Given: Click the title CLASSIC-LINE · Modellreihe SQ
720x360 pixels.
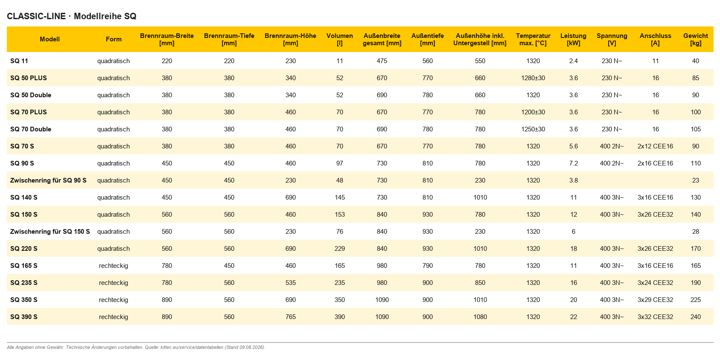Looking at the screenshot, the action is click(x=72, y=16).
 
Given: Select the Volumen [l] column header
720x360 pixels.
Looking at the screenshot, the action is click(x=339, y=39).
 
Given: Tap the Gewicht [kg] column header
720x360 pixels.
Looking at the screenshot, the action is click(x=696, y=39).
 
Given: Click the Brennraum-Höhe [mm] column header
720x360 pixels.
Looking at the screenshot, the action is click(x=290, y=39).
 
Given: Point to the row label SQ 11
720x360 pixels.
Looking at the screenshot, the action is click(x=19, y=61).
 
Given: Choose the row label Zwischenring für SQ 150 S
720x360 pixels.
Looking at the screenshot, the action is click(x=50, y=232).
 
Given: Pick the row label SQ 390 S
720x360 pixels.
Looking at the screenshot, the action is click(x=24, y=317).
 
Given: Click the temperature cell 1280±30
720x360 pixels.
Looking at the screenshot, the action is click(x=533, y=78).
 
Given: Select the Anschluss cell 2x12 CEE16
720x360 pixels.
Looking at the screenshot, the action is click(x=655, y=146).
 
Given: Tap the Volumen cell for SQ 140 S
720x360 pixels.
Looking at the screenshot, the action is click(x=339, y=197).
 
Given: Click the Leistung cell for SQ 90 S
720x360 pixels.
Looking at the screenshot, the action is click(x=574, y=163).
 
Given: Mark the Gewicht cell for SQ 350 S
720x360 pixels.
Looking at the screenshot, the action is click(x=696, y=300).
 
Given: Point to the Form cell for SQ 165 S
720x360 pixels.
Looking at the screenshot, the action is click(x=114, y=266).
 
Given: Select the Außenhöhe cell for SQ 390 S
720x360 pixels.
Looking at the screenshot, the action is click(x=480, y=317).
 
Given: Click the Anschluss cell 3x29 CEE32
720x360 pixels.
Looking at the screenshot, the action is click(x=655, y=300).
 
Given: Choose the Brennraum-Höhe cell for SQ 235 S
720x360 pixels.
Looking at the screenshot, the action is click(x=290, y=283).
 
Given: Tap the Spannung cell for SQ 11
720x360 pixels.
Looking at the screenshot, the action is click(x=612, y=61).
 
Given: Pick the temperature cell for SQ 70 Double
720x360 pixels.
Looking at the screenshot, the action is click(x=533, y=129).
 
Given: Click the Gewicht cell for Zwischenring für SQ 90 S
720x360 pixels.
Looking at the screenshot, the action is click(x=696, y=180).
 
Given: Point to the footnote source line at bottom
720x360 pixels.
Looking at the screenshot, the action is click(x=136, y=348).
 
